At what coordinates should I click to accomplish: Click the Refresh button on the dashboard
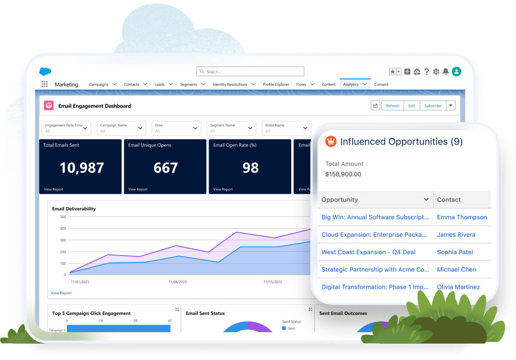[392, 106]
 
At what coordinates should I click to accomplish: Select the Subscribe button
[433, 106]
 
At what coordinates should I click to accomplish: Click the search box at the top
[250, 72]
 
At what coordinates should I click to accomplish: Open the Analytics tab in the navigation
[351, 84]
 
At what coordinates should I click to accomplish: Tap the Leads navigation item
[160, 84]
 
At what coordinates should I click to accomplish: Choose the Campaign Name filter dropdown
[122, 128]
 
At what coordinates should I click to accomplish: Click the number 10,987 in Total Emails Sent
[82, 168]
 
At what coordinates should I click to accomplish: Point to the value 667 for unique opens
[166, 168]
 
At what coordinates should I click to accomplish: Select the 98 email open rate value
[250, 168]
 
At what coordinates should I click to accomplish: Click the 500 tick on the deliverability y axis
[63, 217]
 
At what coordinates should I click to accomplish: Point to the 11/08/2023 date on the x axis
[177, 282]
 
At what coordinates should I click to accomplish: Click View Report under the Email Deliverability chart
[61, 293]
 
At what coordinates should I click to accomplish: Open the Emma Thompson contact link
[462, 217]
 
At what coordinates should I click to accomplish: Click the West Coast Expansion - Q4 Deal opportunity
[369, 252]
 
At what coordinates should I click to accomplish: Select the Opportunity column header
[340, 200]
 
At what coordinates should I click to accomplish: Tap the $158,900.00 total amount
[343, 174]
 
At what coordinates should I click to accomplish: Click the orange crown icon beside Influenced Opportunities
[331, 141]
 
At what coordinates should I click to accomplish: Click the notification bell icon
[446, 72]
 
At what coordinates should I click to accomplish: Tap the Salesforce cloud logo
[45, 72]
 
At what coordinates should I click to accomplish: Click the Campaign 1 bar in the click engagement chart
[118, 329]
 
